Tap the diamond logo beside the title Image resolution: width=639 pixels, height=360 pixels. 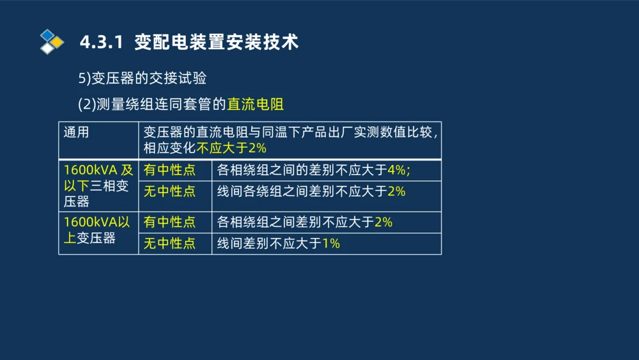[x=51, y=42]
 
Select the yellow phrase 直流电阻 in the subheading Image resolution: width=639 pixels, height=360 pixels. [x=255, y=104]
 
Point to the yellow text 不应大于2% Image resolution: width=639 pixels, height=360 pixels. [x=231, y=148]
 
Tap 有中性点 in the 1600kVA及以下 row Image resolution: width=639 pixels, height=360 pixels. [x=169, y=171]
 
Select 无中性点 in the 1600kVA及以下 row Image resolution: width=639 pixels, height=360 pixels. [x=169, y=191]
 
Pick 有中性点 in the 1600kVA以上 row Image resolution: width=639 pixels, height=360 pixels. [x=169, y=222]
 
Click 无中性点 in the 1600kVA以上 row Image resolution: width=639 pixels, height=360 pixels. [x=169, y=244]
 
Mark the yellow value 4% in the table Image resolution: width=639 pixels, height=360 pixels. [x=397, y=171]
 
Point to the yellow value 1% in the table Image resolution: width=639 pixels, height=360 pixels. [x=331, y=244]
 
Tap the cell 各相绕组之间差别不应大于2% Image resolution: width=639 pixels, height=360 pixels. [x=305, y=222]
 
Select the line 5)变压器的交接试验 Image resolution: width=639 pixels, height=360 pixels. [x=142, y=78]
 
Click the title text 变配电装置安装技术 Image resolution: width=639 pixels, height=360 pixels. [x=217, y=42]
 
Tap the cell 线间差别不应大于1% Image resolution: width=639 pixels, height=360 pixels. [x=279, y=244]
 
